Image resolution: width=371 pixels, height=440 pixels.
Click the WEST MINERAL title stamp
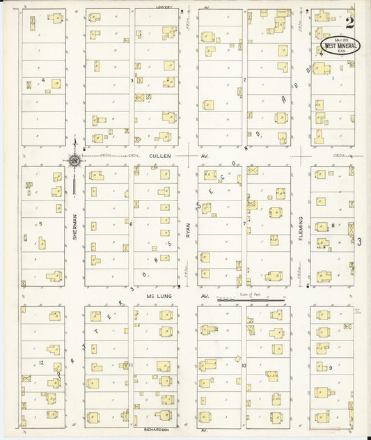[x=340, y=45]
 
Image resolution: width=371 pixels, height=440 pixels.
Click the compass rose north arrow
[x=74, y=162]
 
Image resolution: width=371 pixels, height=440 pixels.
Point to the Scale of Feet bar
[x=251, y=300]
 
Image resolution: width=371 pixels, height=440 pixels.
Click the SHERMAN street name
[x=74, y=226]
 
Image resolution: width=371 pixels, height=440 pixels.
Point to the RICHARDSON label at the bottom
[x=157, y=430]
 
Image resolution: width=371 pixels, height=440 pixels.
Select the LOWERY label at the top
[x=164, y=8]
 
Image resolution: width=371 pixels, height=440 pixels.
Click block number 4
[x=43, y=80]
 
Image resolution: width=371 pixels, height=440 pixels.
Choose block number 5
[x=41, y=223]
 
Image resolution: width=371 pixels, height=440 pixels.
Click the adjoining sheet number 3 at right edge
[x=360, y=242]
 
